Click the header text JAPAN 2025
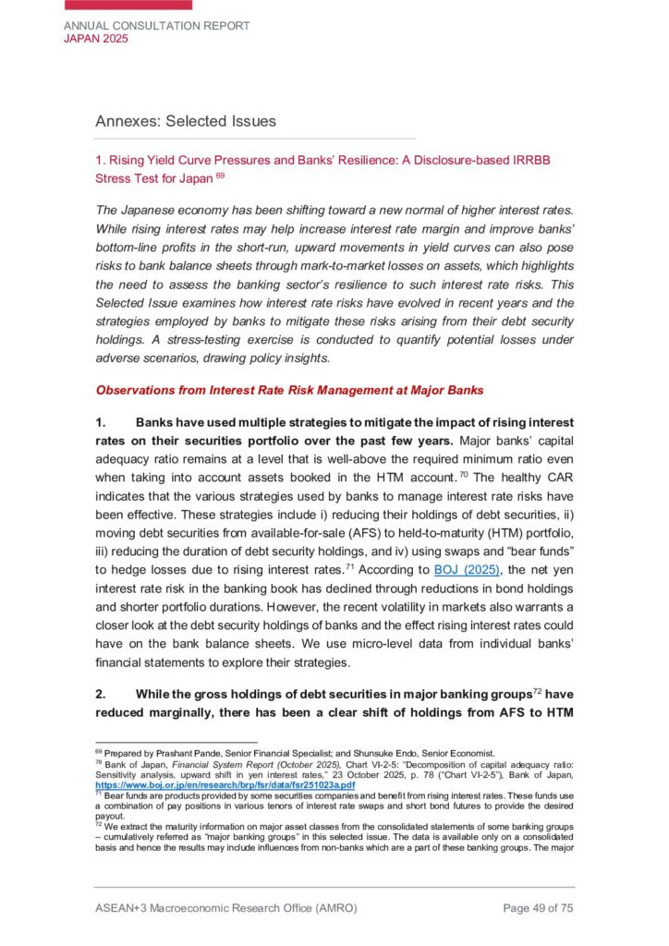coord(96,39)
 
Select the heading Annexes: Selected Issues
coord(185,121)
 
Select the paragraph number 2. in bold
coord(102,694)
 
